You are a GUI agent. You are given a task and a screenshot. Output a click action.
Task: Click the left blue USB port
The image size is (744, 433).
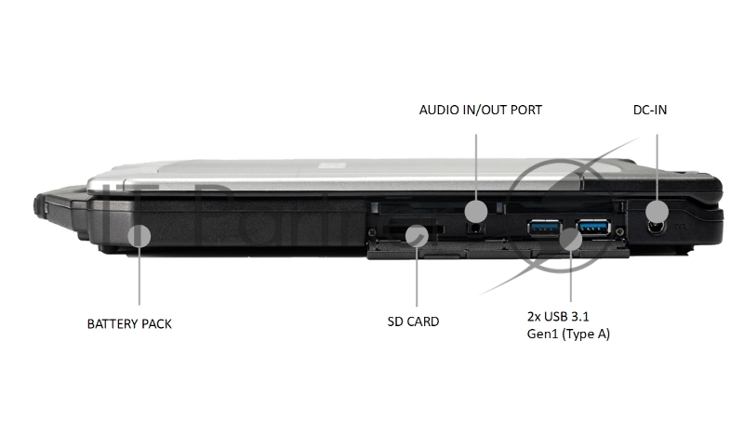click(x=544, y=229)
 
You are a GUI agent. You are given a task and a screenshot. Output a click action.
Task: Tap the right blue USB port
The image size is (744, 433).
click(x=593, y=228)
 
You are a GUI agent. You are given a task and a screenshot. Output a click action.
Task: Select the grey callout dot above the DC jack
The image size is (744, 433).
click(x=658, y=212)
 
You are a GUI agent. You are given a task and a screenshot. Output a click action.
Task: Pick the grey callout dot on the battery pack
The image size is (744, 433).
click(x=139, y=235)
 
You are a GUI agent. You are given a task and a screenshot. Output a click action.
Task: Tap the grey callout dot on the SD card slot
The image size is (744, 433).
click(x=417, y=235)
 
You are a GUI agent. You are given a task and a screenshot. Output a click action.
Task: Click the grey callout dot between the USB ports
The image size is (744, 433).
click(x=570, y=239)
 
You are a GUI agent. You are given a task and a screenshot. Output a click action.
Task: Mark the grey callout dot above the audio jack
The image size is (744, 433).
click(x=476, y=211)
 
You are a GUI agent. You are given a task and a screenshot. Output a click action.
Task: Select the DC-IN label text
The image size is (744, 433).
click(x=650, y=110)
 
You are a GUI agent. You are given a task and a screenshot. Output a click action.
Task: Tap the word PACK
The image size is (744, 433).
click(x=156, y=324)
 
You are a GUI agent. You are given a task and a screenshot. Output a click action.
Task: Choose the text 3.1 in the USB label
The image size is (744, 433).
click(x=580, y=316)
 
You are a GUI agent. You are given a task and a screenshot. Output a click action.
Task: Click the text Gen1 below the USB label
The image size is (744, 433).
click(x=542, y=334)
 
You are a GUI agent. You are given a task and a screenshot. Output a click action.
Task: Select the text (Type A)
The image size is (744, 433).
click(x=586, y=335)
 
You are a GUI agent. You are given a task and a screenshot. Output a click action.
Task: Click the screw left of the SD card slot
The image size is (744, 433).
click(x=373, y=232)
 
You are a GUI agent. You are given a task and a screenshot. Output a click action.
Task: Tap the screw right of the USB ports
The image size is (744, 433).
click(x=619, y=231)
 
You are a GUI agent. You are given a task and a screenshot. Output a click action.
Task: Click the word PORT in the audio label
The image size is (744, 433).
click(x=526, y=110)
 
